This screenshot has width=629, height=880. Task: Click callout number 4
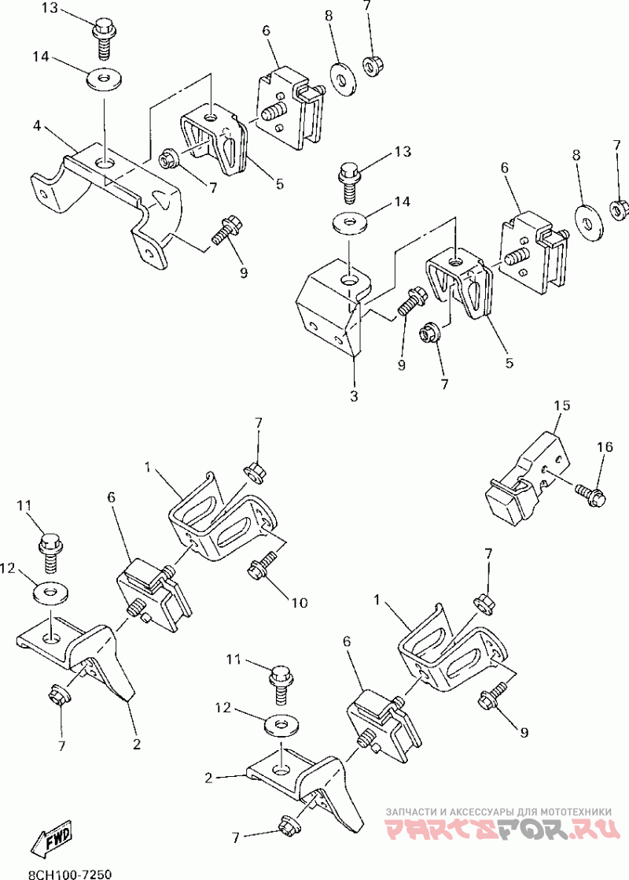[37, 125]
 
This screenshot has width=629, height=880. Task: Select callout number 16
[604, 447]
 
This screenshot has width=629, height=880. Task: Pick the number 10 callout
[300, 603]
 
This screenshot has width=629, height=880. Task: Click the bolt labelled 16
[588, 494]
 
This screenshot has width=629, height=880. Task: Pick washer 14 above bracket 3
[346, 222]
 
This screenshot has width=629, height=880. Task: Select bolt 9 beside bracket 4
[225, 233]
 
